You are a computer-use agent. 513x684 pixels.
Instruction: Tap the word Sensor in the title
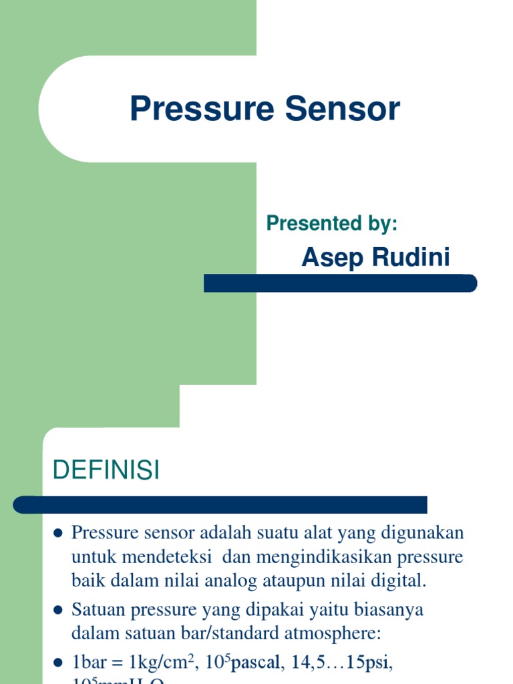click(x=343, y=110)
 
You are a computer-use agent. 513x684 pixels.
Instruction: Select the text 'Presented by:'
click(x=332, y=223)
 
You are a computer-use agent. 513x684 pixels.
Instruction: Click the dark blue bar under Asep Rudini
click(x=340, y=283)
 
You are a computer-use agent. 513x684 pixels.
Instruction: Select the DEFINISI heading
click(x=106, y=471)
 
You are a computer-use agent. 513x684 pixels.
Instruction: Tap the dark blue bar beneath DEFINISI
click(x=220, y=504)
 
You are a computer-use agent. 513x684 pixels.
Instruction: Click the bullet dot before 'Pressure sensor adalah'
click(x=57, y=534)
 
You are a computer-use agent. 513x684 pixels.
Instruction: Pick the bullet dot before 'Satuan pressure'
click(x=57, y=610)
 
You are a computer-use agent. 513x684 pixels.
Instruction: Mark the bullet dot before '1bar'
click(x=57, y=663)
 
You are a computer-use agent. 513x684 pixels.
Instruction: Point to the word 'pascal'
click(x=254, y=663)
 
